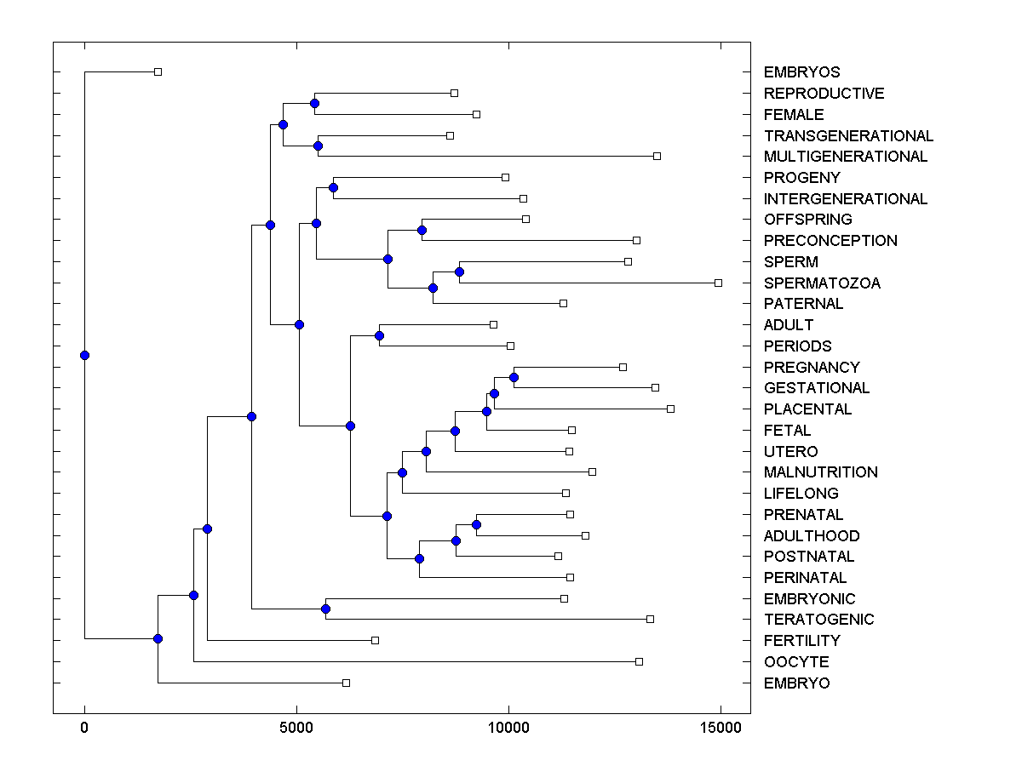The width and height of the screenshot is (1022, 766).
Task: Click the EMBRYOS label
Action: click(801, 72)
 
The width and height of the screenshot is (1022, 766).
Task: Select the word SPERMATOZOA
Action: click(822, 283)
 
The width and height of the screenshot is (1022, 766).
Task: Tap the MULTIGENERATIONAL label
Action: click(845, 157)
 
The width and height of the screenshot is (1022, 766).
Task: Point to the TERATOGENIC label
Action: click(818, 620)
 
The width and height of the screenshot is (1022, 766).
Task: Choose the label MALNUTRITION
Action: click(820, 472)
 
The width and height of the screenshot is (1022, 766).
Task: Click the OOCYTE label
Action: click(795, 662)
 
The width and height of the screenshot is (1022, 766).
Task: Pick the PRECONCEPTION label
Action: click(830, 241)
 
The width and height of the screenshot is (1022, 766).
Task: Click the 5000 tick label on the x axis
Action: click(296, 728)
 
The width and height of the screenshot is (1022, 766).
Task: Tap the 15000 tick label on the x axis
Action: click(721, 728)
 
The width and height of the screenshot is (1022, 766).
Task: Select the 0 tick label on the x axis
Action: click(84, 728)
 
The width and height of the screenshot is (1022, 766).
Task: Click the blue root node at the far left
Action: click(84, 356)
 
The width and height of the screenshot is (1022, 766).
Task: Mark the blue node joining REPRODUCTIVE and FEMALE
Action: click(314, 103)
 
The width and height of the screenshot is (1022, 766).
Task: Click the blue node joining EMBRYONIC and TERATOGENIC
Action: click(325, 609)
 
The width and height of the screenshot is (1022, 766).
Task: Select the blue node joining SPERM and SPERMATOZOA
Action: click(459, 272)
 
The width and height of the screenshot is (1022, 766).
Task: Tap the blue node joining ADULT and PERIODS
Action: click(379, 335)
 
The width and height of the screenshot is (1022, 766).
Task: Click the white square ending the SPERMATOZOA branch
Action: click(718, 283)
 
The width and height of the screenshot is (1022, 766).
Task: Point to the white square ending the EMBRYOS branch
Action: click(158, 71)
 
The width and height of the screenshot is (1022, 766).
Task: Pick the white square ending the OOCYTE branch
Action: click(639, 661)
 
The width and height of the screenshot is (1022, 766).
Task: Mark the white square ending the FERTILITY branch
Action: click(375, 640)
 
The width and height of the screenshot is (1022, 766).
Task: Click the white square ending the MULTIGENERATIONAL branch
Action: click(657, 156)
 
